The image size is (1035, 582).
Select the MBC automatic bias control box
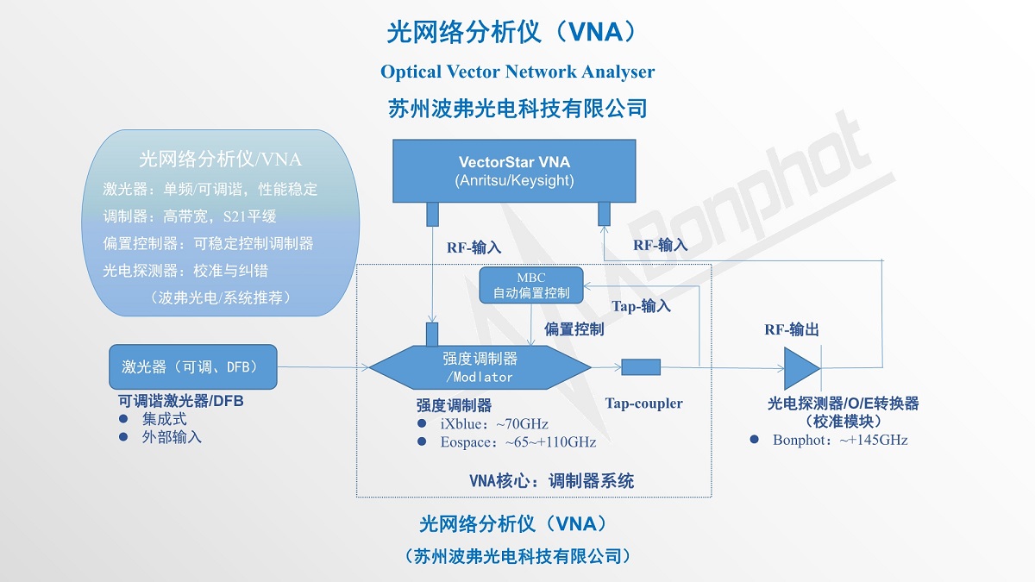pyautogui.click(x=530, y=285)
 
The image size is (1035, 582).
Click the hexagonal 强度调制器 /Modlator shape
pyautogui.click(x=480, y=368)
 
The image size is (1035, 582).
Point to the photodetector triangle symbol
pyautogui.click(x=800, y=368)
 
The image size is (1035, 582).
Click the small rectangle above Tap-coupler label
pyautogui.click(x=641, y=367)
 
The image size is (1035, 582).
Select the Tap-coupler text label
pyautogui.click(x=643, y=403)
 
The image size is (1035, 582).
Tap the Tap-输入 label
pyautogui.click(x=641, y=306)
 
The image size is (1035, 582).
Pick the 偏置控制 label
pyautogui.click(x=574, y=329)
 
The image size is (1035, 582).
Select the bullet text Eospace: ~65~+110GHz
pyautogui.click(x=517, y=442)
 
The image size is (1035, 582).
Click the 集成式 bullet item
pyautogui.click(x=164, y=420)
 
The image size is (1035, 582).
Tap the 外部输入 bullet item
pyautogui.click(x=172, y=437)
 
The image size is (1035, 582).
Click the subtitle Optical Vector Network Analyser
pyautogui.click(x=517, y=72)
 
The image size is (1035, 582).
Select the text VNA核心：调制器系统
pyautogui.click(x=551, y=481)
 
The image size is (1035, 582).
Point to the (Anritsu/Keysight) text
pyautogui.click(x=514, y=180)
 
